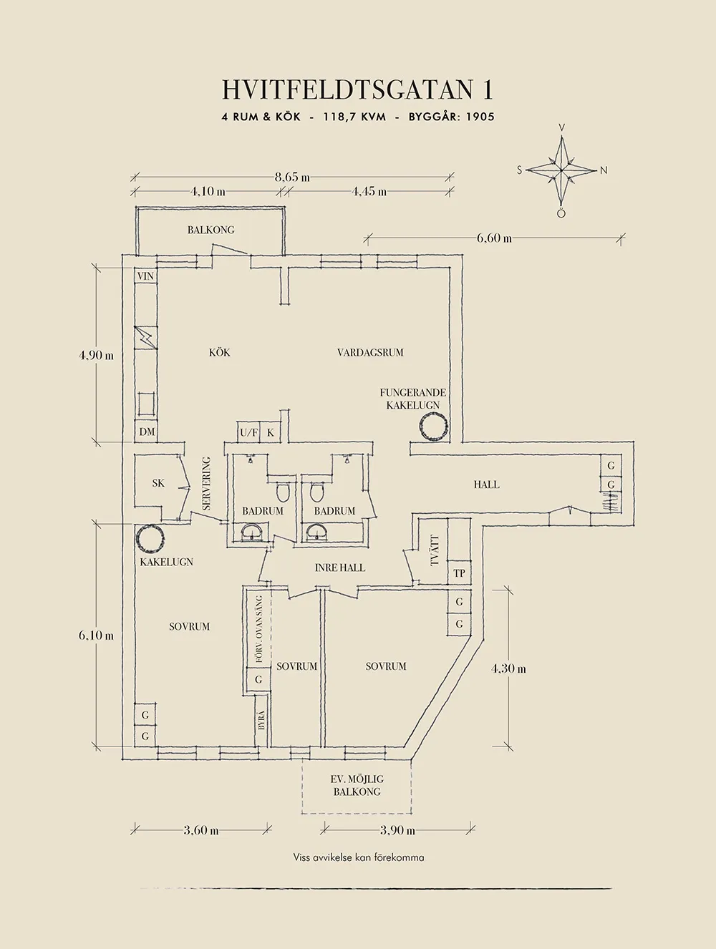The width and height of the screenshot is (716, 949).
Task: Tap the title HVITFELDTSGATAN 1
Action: click(x=357, y=90)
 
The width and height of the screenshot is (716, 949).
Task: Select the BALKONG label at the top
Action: click(x=211, y=230)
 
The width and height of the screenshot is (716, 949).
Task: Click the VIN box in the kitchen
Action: click(x=145, y=276)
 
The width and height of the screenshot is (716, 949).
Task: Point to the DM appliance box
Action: click(x=147, y=432)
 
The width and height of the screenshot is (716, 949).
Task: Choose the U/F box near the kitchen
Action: click(x=249, y=432)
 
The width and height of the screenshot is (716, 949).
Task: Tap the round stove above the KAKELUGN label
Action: click(x=152, y=539)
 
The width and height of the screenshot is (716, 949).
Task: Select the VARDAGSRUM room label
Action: click(x=370, y=352)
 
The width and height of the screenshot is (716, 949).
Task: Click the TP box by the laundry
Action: click(x=459, y=573)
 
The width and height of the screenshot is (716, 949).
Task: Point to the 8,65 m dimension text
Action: click(x=292, y=177)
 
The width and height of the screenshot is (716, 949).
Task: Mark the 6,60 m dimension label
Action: click(x=494, y=238)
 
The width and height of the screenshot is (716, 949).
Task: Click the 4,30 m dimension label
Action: click(x=508, y=668)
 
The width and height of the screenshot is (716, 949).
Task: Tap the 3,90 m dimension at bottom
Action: click(x=398, y=830)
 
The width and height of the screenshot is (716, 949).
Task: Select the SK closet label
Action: click(x=158, y=483)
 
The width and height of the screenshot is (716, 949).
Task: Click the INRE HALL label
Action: click(x=340, y=568)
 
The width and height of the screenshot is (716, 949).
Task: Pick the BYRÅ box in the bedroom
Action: click(x=261, y=719)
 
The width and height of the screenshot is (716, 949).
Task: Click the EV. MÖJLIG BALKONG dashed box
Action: click(x=357, y=785)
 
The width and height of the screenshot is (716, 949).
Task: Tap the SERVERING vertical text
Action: click(x=207, y=484)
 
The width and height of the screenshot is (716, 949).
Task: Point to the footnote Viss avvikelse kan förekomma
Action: click(x=358, y=857)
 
